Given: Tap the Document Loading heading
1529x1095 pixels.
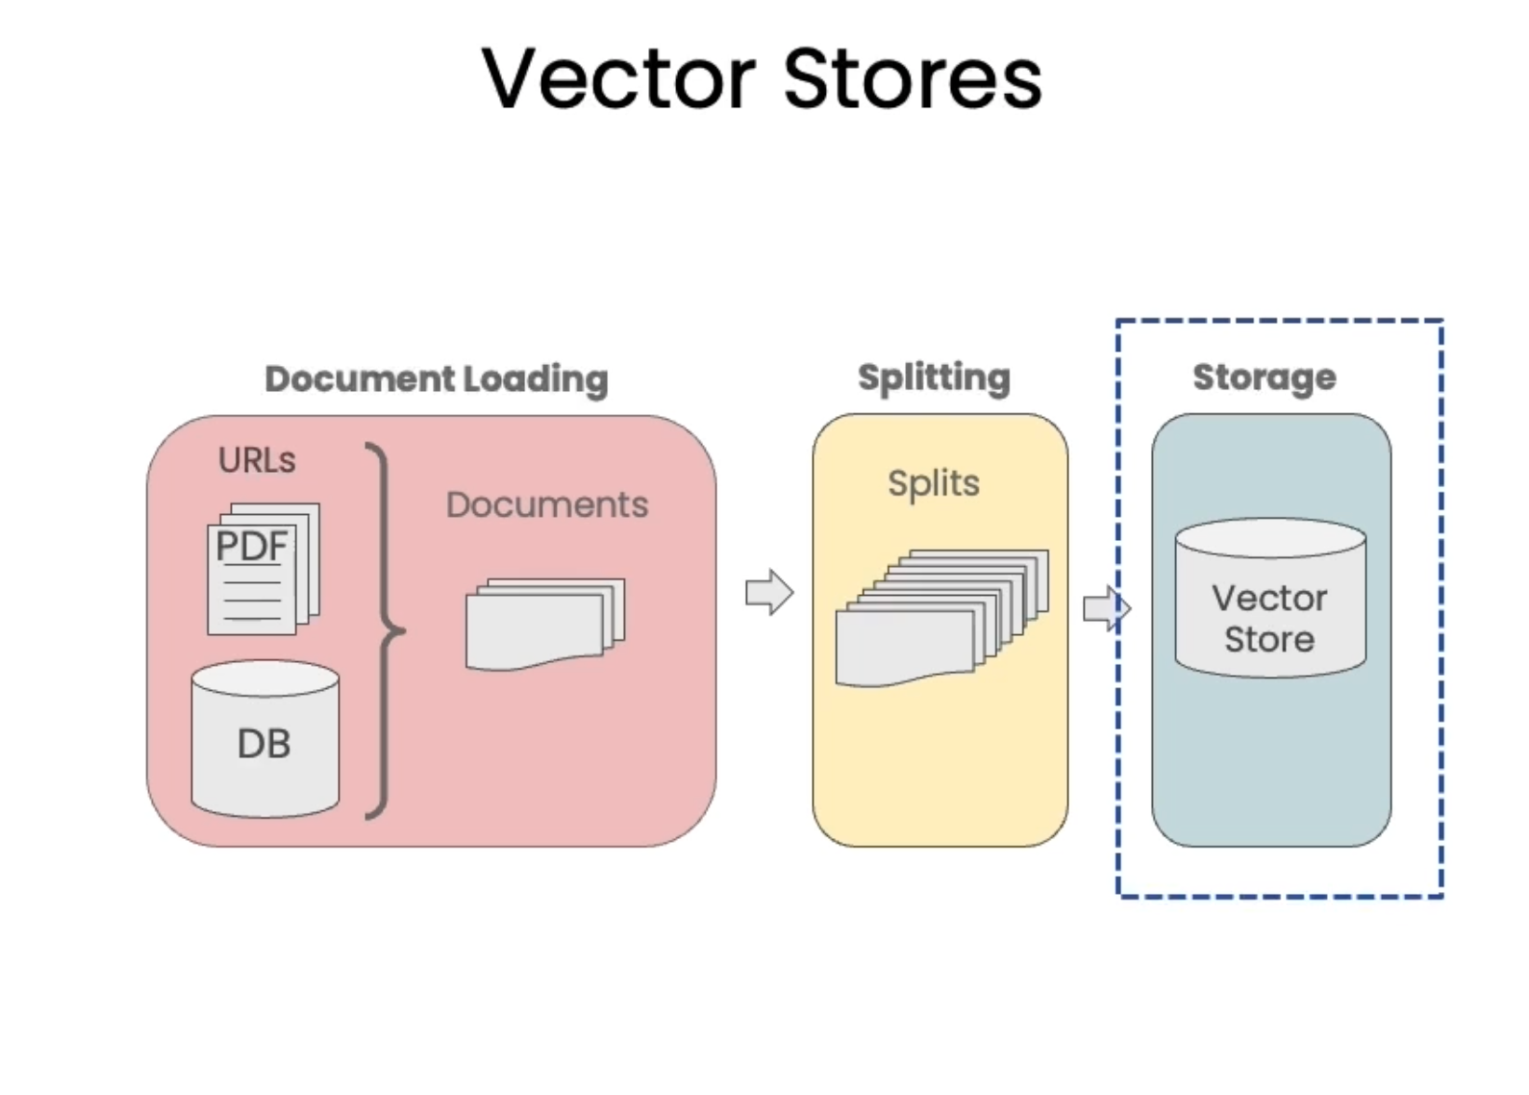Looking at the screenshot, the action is click(437, 380).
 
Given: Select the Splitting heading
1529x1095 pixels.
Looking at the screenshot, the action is click(935, 378).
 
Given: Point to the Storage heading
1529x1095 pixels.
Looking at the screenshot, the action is click(1265, 378).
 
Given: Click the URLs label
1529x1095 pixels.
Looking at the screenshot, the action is click(257, 460).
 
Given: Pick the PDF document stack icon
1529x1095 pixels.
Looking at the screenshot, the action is click(264, 569).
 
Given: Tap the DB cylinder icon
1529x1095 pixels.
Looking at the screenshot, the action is click(264, 738).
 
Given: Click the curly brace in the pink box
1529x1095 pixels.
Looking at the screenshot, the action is click(386, 630).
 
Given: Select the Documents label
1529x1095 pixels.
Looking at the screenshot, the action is click(547, 506).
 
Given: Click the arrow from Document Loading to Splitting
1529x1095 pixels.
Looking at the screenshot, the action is click(769, 592).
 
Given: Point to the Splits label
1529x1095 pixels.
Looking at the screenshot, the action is click(934, 483).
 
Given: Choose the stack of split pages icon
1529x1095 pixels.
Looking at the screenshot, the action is click(942, 618).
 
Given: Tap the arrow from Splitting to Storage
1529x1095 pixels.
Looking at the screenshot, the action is click(1106, 608).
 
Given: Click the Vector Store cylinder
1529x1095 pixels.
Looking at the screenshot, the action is click(1270, 598).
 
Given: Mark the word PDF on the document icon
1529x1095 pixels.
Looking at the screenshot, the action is click(251, 547).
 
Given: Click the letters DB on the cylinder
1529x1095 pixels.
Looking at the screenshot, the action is click(264, 743).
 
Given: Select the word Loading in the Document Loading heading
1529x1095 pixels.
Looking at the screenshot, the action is click(535, 380).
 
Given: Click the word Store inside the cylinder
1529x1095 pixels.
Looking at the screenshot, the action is click(1269, 640).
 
